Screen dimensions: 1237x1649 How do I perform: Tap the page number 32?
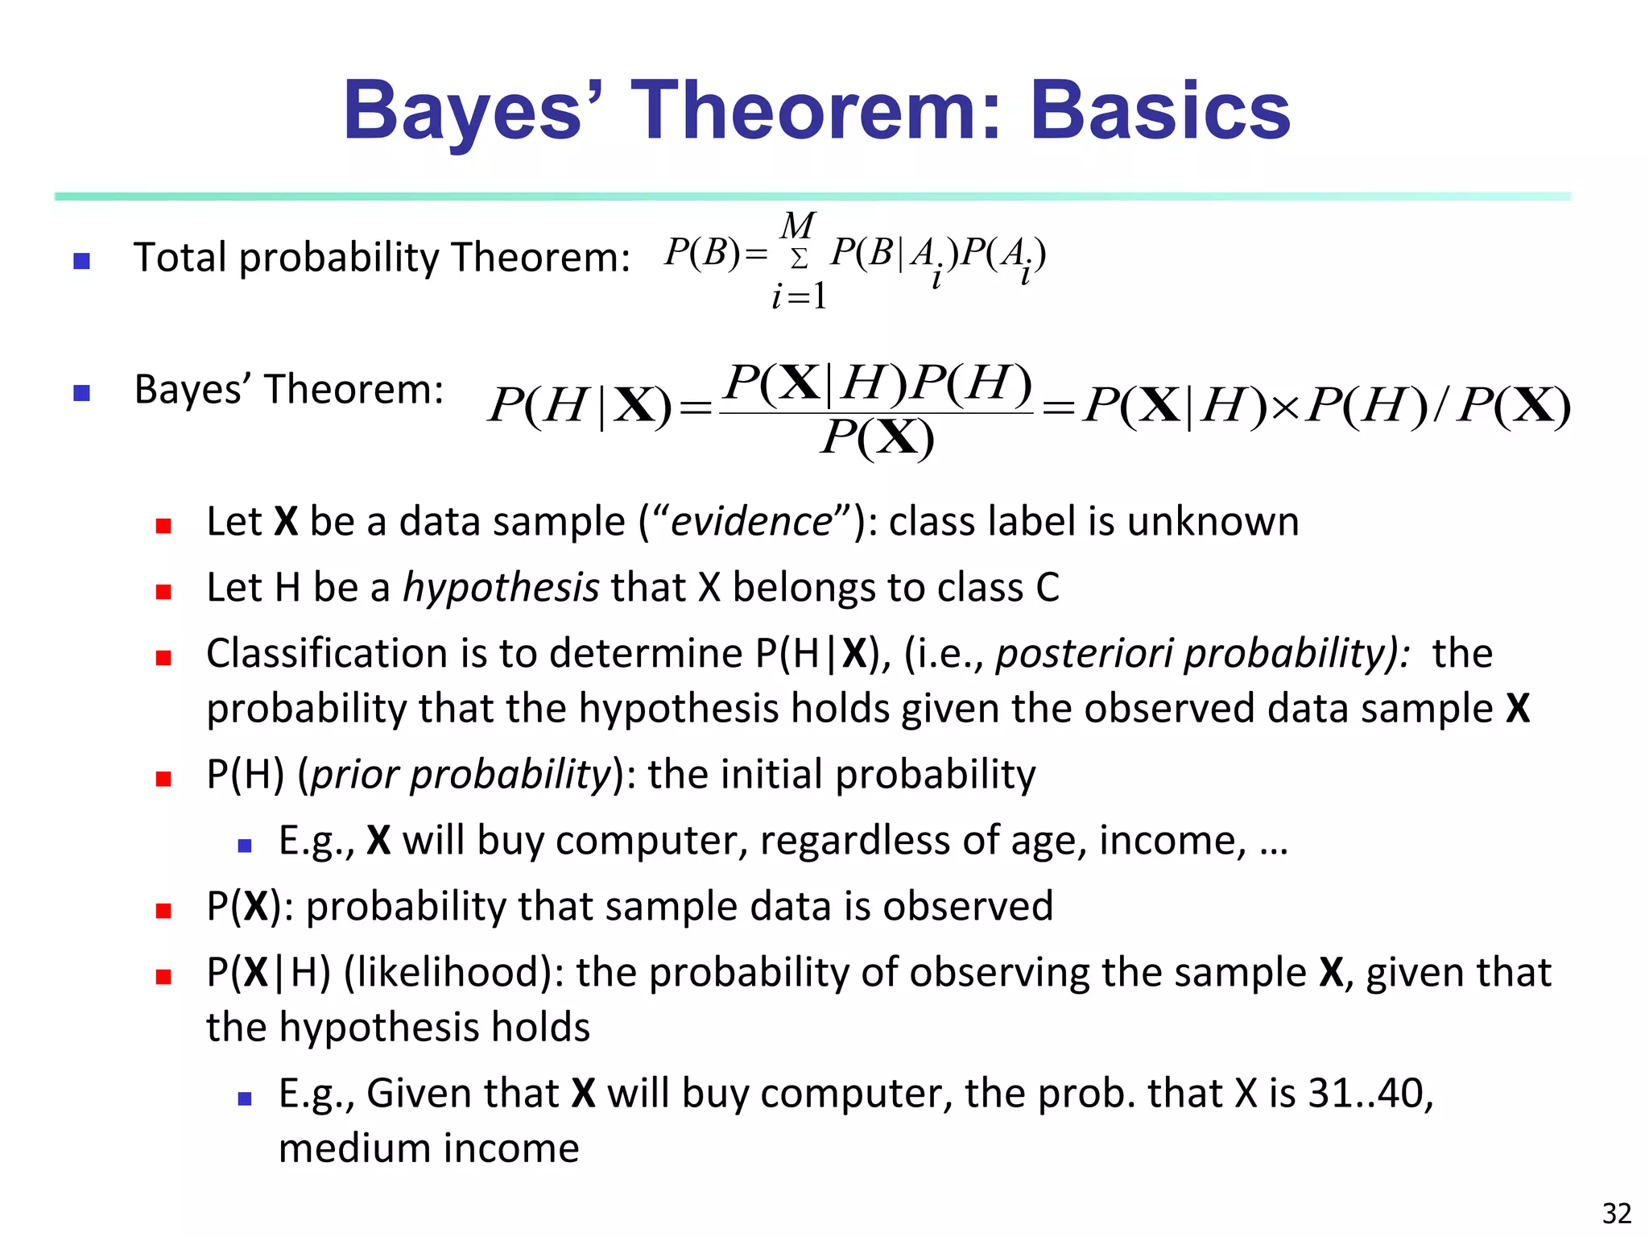[x=1617, y=1213]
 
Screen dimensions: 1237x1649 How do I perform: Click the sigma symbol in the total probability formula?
[x=799, y=259]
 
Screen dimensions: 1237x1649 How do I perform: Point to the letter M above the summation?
[x=798, y=225]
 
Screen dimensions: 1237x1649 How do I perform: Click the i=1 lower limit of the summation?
[x=799, y=297]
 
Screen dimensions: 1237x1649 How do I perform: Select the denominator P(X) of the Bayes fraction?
[x=877, y=439]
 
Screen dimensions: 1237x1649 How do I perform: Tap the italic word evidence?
[x=750, y=522]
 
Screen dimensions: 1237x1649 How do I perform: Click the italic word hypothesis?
[x=501, y=588]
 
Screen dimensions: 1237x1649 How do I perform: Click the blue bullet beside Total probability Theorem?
[x=81, y=261]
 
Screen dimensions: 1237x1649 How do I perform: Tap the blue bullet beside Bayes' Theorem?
[x=81, y=393]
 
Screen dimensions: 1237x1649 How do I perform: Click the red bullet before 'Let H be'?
[x=163, y=592]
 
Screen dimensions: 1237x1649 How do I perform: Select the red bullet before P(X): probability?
[x=163, y=911]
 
